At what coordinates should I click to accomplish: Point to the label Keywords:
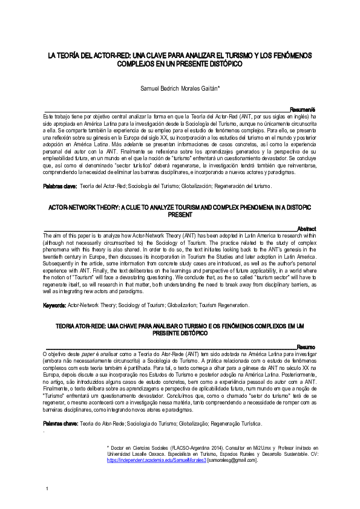54,305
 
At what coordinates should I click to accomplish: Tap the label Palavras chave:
60,424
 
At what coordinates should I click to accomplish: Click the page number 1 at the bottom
47,487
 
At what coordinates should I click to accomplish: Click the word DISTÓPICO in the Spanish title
220,63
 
